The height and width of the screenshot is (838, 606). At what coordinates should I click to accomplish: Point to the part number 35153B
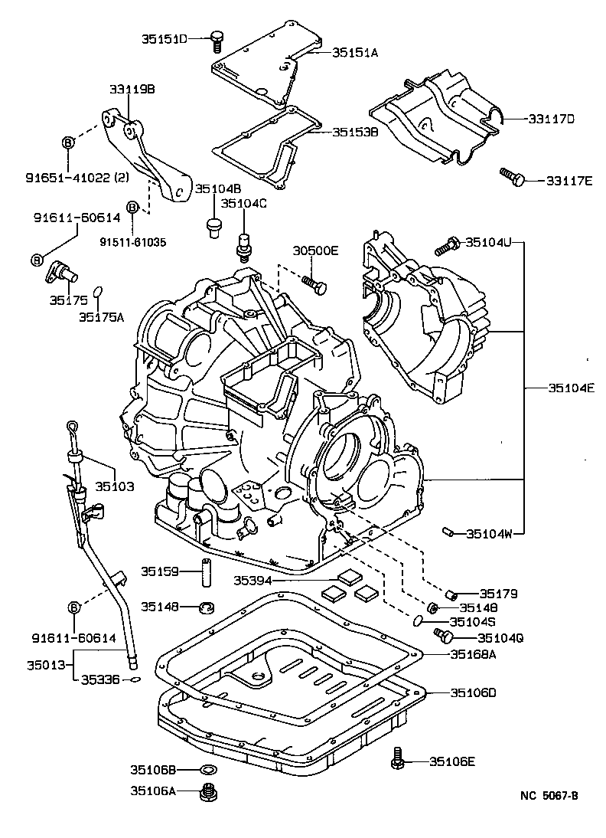tap(355, 132)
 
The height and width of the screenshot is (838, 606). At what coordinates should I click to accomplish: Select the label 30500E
tap(315, 251)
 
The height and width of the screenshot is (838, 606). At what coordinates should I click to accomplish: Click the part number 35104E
tap(571, 388)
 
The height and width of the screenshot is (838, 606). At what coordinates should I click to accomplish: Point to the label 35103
tap(114, 486)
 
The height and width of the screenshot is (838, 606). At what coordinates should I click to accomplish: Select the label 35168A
tap(473, 653)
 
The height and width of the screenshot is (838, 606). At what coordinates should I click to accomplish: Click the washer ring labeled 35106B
tap(206, 769)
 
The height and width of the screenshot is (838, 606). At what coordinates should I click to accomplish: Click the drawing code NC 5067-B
tap(544, 795)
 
